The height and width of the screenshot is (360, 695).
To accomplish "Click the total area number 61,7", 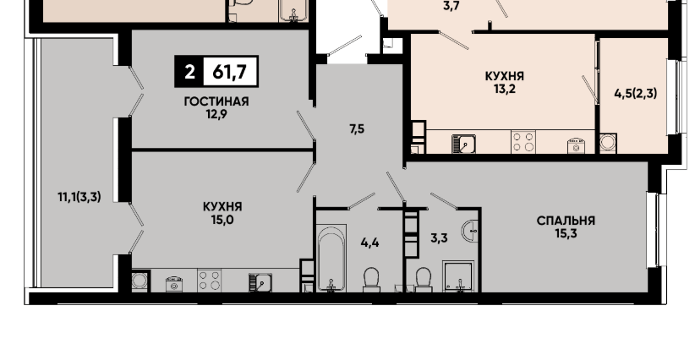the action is click(229, 71).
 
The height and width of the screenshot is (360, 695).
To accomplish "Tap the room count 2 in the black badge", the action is click(189, 71).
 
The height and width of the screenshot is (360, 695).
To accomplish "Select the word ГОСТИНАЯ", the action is click(216, 101).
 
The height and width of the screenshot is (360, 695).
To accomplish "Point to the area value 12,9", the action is click(216, 115).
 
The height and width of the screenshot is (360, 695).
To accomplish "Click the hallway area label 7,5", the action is click(357, 129).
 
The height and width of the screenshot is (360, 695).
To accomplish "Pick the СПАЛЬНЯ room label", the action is click(566, 221).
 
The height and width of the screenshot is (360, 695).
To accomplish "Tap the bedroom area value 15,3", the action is click(566, 233).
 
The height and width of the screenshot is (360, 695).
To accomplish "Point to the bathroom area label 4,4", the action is click(369, 243).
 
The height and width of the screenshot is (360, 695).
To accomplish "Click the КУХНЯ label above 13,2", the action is click(505, 76).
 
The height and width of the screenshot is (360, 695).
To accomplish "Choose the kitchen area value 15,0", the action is click(222, 220).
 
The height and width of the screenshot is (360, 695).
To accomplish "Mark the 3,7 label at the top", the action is click(451, 7).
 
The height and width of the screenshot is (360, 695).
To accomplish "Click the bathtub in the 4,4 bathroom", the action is click(331, 259).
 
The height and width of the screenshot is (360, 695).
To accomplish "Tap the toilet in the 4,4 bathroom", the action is click(371, 280).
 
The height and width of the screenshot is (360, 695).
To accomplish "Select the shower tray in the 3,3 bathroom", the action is click(458, 276).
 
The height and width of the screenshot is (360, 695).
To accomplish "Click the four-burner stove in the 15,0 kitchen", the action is click(209, 281).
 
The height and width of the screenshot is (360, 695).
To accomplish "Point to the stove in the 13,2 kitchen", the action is click(523, 142).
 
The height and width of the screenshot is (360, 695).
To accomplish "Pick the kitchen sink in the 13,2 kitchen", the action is click(463, 144).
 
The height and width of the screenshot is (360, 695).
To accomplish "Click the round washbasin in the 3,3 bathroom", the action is click(470, 230).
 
